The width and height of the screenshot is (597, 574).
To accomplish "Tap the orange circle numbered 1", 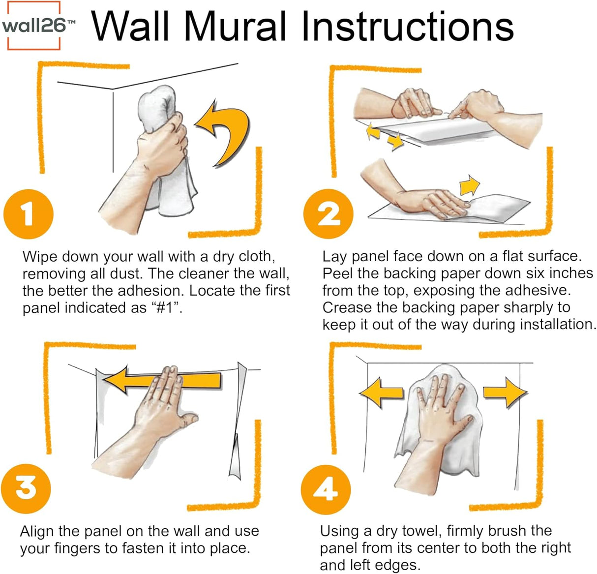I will (28, 214).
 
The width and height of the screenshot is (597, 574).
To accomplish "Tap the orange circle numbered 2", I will (328, 214).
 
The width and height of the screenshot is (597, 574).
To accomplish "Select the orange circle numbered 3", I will (26, 488).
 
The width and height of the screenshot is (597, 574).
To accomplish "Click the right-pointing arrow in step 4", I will (504, 392).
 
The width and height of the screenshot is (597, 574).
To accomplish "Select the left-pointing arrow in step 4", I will (382, 392).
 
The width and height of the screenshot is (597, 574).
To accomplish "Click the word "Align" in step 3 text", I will (37, 531).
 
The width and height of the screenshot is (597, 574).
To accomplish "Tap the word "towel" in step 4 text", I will (423, 531).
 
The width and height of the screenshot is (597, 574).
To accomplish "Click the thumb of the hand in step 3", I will (187, 421).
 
